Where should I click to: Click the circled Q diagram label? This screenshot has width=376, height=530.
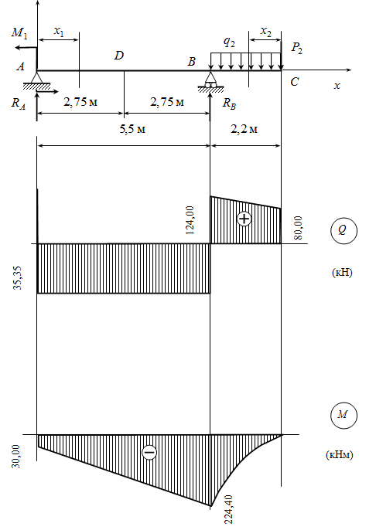pyautogui.click(x=344, y=231)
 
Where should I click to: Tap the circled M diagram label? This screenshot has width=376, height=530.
pyautogui.click(x=344, y=415)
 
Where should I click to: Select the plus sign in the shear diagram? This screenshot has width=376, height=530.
pyautogui.click(x=244, y=219)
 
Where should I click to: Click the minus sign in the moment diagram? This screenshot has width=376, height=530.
pyautogui.click(x=149, y=452)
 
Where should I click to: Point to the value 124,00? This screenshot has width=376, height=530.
pyautogui.click(x=190, y=220)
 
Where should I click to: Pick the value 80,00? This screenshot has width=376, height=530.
pyautogui.click(x=298, y=228)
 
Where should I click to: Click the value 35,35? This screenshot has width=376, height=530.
pyautogui.click(x=17, y=278)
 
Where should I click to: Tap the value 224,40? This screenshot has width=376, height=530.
pyautogui.click(x=228, y=509)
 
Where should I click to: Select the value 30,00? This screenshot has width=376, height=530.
pyautogui.click(x=16, y=456)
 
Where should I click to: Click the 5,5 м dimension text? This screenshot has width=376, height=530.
pyautogui.click(x=132, y=129)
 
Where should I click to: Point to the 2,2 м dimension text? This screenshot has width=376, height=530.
pyautogui.click(x=244, y=129)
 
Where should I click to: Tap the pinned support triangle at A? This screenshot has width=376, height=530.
pyautogui.click(x=36, y=80)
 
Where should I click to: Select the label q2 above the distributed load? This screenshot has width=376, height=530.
pyautogui.click(x=229, y=42)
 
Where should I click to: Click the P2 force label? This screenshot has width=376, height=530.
pyautogui.click(x=297, y=48)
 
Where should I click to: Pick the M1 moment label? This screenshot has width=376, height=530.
pyautogui.click(x=19, y=32)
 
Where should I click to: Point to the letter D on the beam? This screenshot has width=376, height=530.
pyautogui.click(x=119, y=56)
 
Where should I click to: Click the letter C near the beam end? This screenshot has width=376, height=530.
pyautogui.click(x=295, y=82)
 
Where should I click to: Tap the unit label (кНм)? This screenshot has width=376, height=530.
pyautogui.click(x=340, y=454)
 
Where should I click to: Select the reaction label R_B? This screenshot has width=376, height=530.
pyautogui.click(x=229, y=104)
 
